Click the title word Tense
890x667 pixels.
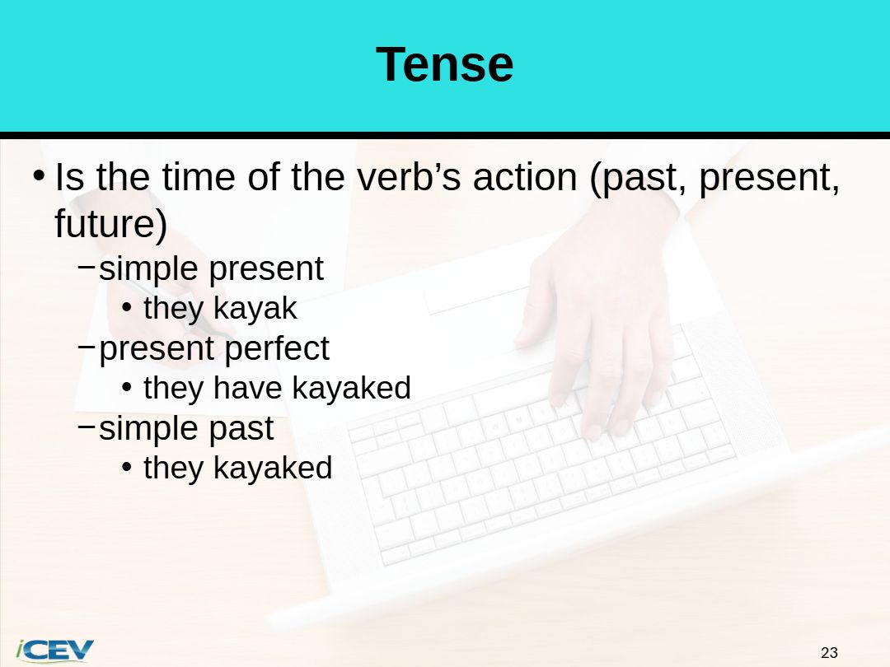pos(444,64)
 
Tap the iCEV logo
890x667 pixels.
pos(54,650)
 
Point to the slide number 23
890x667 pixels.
pos(829,653)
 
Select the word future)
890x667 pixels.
pos(110,223)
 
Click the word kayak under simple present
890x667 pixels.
pos(255,309)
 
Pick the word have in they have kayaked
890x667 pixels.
pos(247,388)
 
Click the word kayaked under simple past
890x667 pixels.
pos(273,469)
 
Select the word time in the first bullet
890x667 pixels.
pos(198,177)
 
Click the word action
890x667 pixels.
pos(525,177)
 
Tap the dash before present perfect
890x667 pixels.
pos(87,346)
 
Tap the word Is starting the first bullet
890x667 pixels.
pos(69,177)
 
